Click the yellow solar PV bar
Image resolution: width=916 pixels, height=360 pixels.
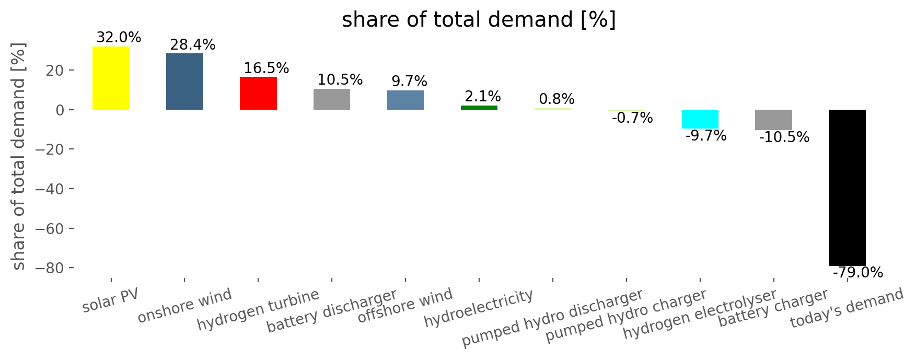coord(111,78)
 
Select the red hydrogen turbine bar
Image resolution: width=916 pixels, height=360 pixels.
coord(258,93)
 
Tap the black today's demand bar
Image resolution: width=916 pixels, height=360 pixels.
coord(847,188)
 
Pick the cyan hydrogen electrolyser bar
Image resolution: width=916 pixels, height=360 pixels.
coord(700,119)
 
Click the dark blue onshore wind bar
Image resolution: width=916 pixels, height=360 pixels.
coord(184,82)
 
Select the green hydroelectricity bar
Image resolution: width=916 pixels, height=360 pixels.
coord(479,107)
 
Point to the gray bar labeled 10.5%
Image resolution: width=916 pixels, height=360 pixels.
coord(332,99)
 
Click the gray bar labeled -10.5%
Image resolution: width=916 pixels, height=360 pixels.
coord(773,120)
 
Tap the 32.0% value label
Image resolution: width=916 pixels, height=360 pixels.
coord(119,38)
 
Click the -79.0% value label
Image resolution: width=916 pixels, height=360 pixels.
coord(858,273)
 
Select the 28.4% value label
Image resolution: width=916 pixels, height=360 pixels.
coord(193,45)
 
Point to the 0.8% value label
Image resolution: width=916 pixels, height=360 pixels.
coord(556,99)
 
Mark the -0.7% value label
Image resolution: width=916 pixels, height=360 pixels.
coord(632,118)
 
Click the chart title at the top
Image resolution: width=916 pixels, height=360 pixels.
coord(479,20)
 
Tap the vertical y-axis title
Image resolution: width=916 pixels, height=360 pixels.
coord(18,157)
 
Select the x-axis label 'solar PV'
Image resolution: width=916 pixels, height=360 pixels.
coord(111,300)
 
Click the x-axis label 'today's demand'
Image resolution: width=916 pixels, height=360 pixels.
coord(847,308)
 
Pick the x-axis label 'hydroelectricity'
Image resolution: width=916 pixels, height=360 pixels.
coord(479,308)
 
